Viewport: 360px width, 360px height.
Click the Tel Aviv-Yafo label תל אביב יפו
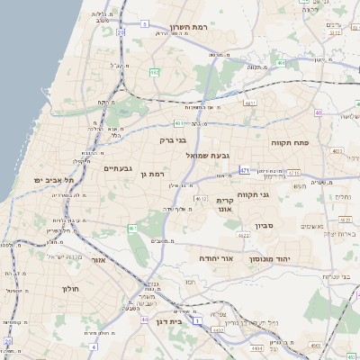pyautogui.click(x=57, y=180)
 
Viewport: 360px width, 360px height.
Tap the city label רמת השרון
pyautogui.click(x=190, y=27)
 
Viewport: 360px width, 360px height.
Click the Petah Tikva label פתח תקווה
pyautogui.click(x=290, y=142)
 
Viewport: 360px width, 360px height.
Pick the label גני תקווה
pyautogui.click(x=255, y=194)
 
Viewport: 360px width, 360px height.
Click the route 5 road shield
pyautogui.click(x=144, y=23)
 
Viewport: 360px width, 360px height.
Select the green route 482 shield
pyautogui.click(x=155, y=72)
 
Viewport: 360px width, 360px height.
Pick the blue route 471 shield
pyautogui.click(x=245, y=168)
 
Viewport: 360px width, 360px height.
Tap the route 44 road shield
pyautogui.click(x=145, y=319)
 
